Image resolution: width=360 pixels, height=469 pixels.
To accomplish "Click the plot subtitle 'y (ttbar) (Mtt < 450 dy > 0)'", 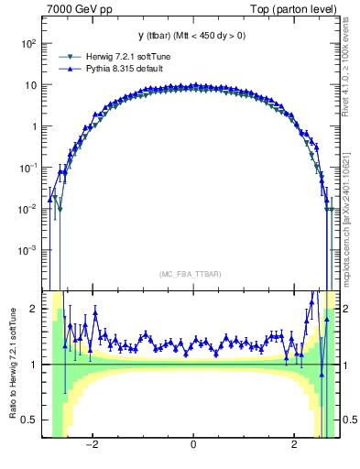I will coord(191,36).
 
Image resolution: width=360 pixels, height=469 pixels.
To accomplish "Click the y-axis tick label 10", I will coord(31,85).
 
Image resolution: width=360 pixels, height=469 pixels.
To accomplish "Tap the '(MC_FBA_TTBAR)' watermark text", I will coord(192,275).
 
